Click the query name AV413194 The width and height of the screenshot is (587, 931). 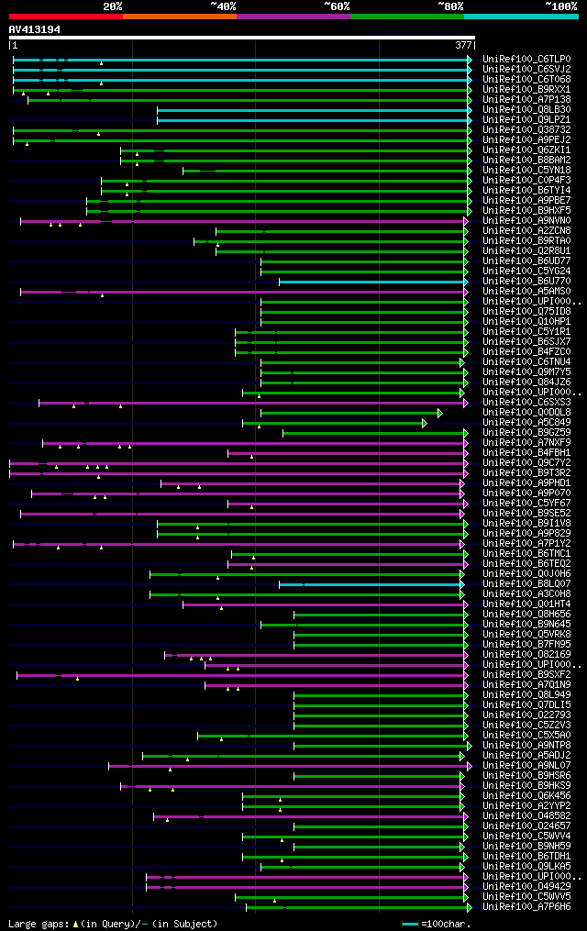[35, 29]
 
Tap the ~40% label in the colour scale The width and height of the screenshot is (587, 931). [223, 6]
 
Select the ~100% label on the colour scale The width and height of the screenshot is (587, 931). [560, 6]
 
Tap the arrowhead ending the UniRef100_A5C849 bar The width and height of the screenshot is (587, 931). [425, 423]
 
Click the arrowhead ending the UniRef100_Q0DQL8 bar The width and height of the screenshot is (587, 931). [439, 413]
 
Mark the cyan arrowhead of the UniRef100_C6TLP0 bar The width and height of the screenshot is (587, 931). [469, 60]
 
